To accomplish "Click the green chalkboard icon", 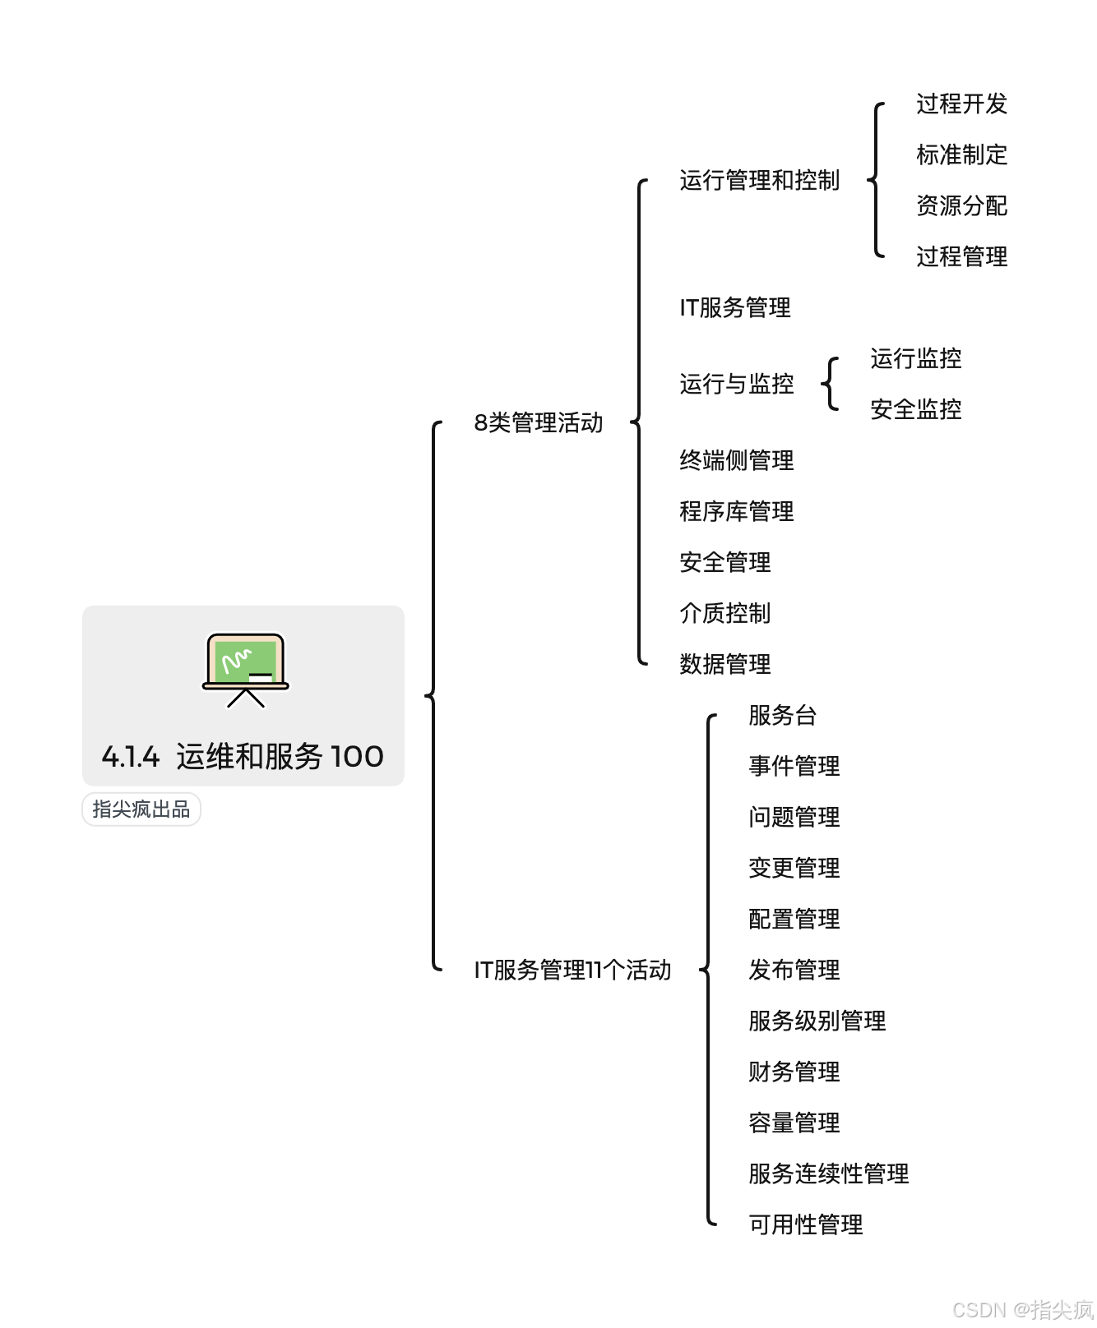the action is [x=245, y=668].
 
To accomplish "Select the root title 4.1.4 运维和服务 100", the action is [x=243, y=756].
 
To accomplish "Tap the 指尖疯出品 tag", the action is [x=141, y=809].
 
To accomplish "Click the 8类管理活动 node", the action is [x=539, y=422].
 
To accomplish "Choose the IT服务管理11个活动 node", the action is [x=572, y=970].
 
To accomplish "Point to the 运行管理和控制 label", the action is [x=759, y=180].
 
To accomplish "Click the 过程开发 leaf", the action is [x=961, y=104].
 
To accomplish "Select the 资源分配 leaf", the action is [x=961, y=205].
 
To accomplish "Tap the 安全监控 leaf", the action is [x=915, y=409].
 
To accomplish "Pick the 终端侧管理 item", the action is [x=736, y=460].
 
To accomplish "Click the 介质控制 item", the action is [x=724, y=613].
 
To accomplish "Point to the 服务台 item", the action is [x=782, y=715].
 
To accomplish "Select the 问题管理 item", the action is [x=794, y=817].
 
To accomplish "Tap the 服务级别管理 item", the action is [x=817, y=1021].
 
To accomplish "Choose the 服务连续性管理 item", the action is [x=828, y=1174].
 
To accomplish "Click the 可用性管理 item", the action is [x=805, y=1224].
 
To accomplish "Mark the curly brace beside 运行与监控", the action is [x=831, y=384].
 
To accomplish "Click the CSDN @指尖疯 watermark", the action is [x=1022, y=1309].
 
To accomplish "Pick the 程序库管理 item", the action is [x=736, y=511].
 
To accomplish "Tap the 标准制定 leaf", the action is [x=961, y=154].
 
